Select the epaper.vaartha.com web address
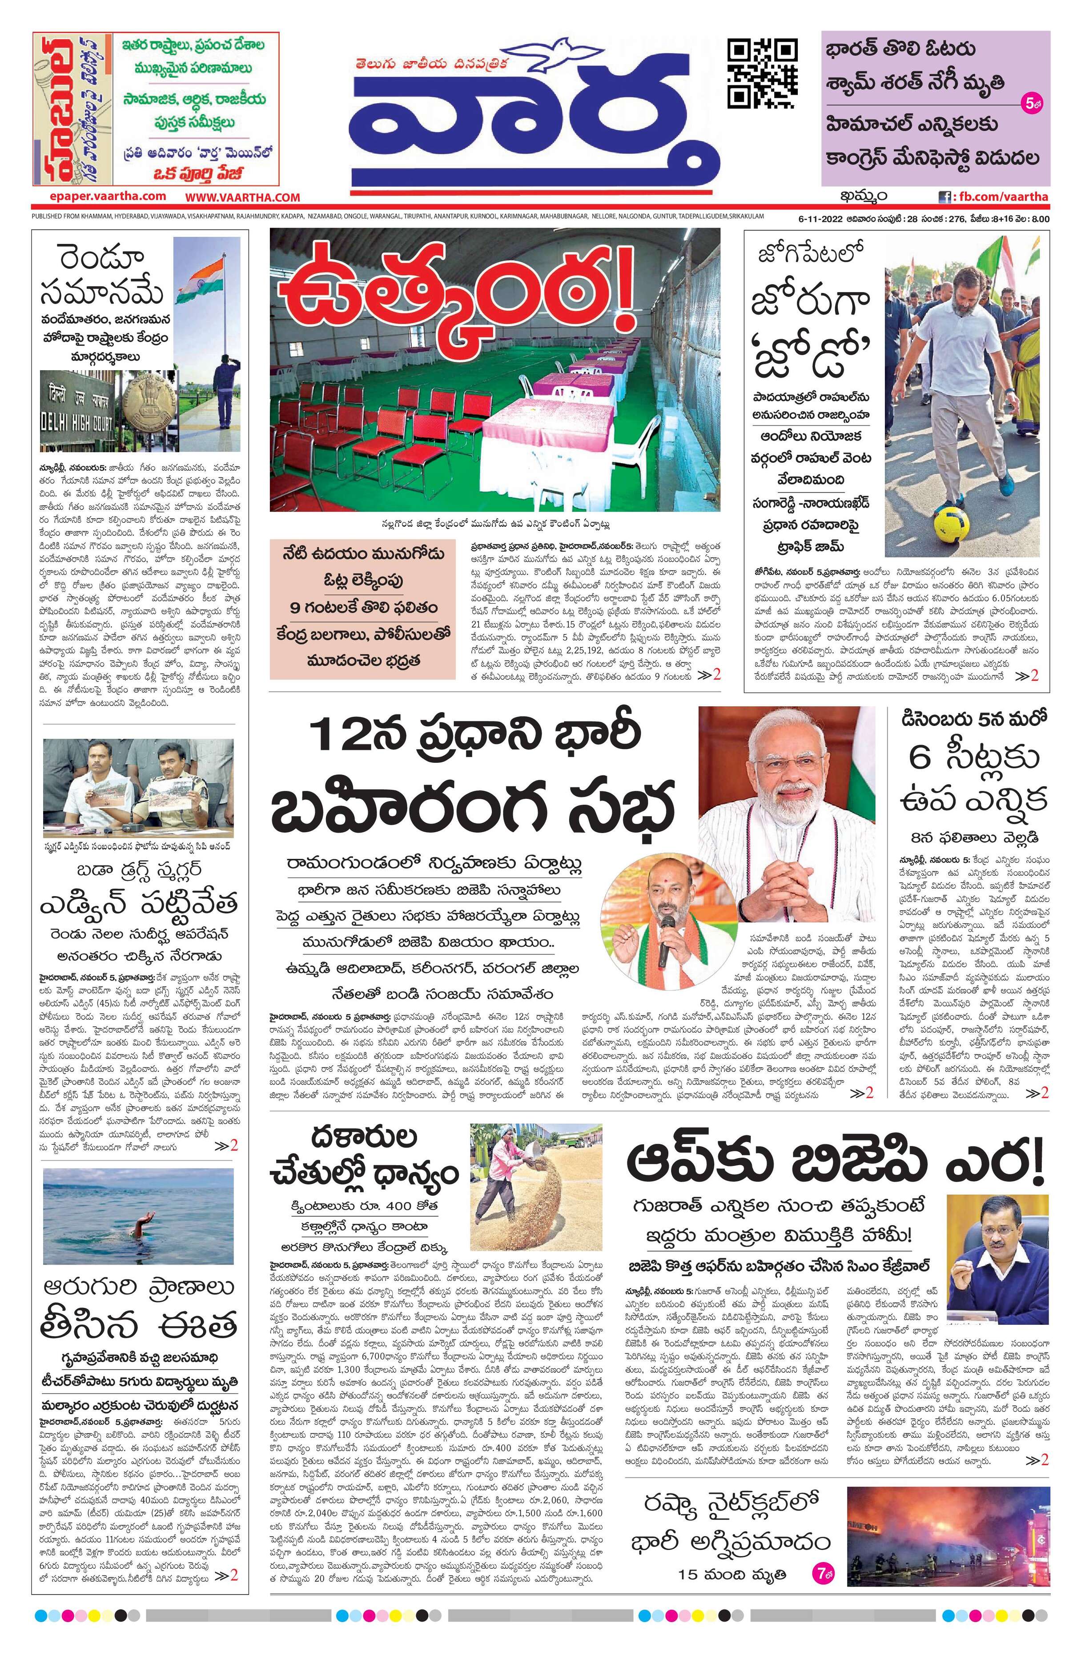point(99,197)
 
